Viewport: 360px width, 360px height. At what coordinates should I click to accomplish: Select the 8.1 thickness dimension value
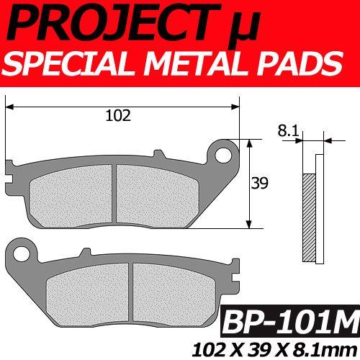pos(287,130)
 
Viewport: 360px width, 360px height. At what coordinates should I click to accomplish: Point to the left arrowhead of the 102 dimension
pos(9,107)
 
